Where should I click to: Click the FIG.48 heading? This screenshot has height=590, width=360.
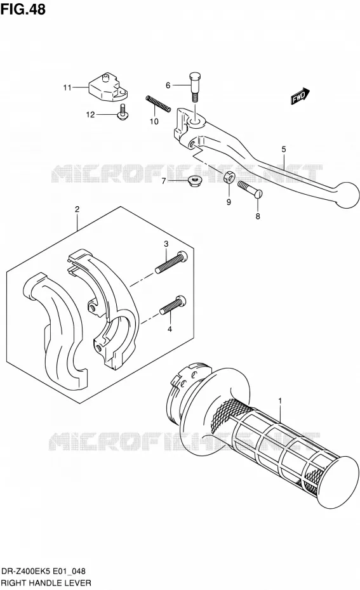click(x=23, y=9)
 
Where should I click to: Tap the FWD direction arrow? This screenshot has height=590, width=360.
click(x=300, y=96)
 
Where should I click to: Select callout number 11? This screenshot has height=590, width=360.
click(x=67, y=88)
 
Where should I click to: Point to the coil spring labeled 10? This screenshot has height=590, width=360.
click(x=158, y=104)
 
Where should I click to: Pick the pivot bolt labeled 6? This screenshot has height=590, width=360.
click(x=195, y=87)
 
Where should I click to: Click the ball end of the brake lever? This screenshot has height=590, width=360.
click(x=346, y=195)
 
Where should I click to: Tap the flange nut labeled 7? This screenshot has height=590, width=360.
click(x=194, y=181)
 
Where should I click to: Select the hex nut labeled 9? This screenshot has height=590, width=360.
click(x=229, y=177)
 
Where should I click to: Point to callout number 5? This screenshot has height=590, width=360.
click(x=284, y=149)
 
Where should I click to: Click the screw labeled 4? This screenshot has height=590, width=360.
click(x=173, y=305)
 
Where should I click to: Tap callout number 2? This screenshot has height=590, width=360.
click(x=77, y=209)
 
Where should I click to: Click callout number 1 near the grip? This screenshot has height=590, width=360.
click(x=280, y=401)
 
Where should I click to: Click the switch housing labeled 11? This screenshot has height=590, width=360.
click(x=108, y=88)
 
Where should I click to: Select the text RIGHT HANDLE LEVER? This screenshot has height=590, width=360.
click(x=46, y=583)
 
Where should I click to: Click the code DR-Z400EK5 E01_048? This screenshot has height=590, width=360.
click(x=44, y=572)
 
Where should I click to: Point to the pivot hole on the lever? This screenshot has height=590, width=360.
click(x=196, y=122)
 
